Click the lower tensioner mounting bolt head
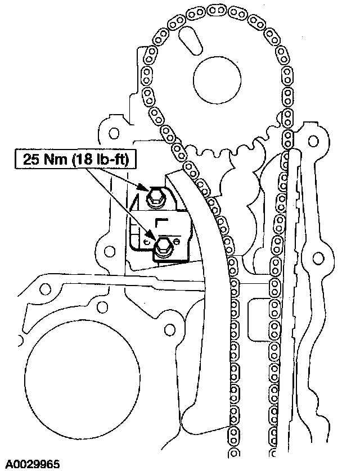pyautogui.click(x=164, y=246)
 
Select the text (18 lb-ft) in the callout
pyautogui.click(x=102, y=160)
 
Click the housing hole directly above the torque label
pyautogui.click(x=114, y=134)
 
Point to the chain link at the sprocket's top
pyautogui.click(x=214, y=9)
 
